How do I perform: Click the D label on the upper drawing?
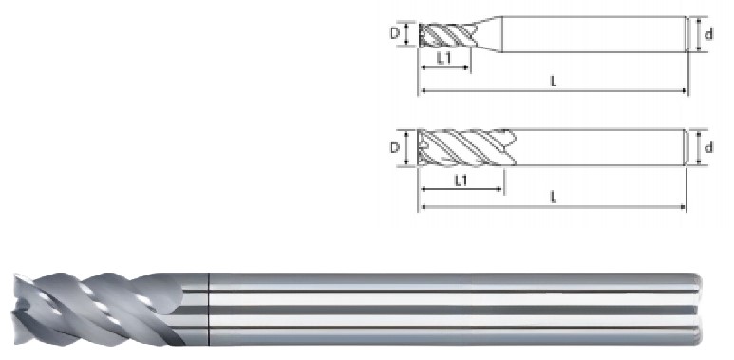[x=395, y=34]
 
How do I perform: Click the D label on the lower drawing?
[x=395, y=148]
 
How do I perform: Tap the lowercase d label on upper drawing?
[x=708, y=34]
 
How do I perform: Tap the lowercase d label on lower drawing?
[x=708, y=147]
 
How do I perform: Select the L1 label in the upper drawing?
[x=443, y=59]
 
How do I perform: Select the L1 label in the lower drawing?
[x=461, y=180]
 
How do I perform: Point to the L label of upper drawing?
[x=554, y=82]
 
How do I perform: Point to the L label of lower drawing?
[x=554, y=198]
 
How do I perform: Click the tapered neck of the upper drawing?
[x=488, y=34]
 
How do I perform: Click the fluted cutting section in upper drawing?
[x=447, y=35]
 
